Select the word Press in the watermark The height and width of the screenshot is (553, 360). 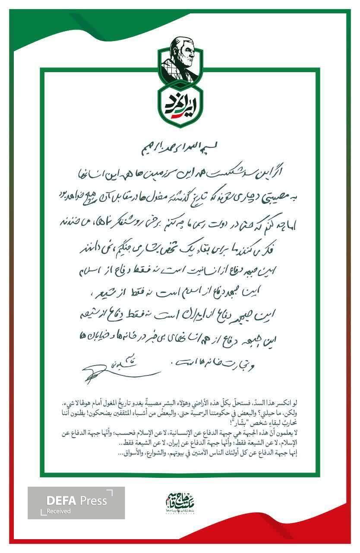click(93, 501)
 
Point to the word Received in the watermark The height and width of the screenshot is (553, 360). click(59, 512)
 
